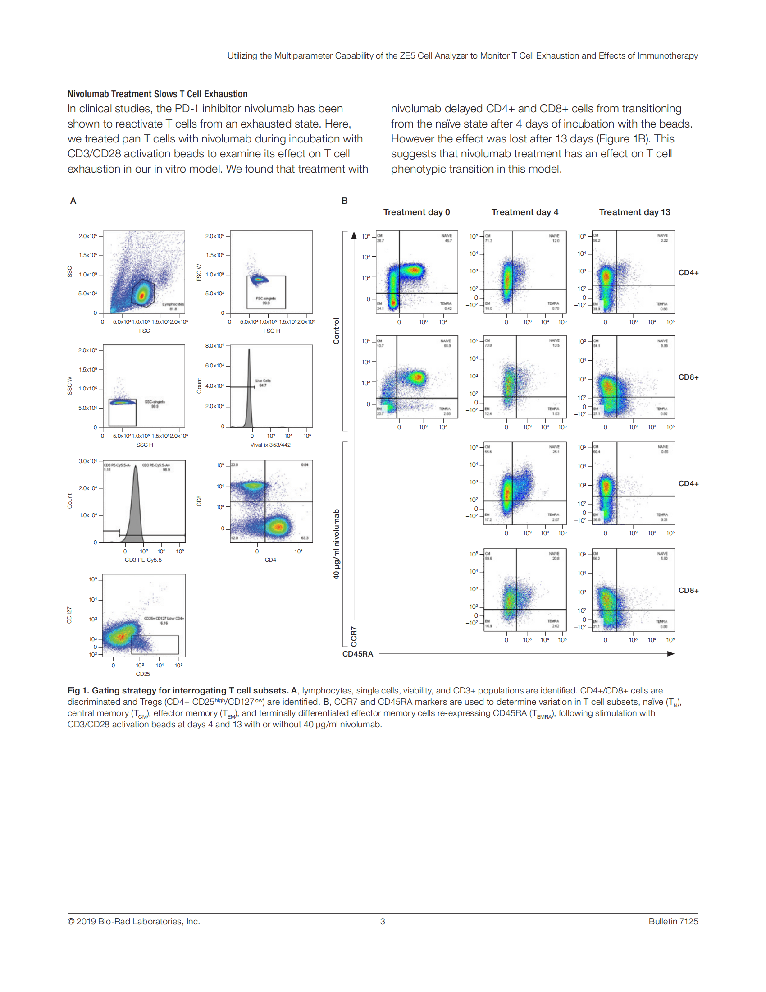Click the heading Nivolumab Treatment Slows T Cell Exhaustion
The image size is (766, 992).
pos(157,94)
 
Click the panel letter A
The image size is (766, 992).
pos(73,201)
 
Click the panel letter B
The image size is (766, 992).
pos(344,201)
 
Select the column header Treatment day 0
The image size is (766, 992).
pos(416,212)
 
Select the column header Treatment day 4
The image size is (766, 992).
pos(524,212)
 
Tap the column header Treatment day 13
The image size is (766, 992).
pos(634,212)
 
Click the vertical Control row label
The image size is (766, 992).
pos(336,331)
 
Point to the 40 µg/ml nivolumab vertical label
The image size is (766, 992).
pos(336,544)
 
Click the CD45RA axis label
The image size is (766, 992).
pos(358,654)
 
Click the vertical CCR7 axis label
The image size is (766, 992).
pos(354,636)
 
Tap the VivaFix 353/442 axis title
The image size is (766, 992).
pos(270,445)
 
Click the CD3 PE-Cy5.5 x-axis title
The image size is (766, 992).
pos(143,560)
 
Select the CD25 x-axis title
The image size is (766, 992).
pos(143,674)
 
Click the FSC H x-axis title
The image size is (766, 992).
pos(271,331)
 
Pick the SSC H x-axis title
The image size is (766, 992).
pos(144,445)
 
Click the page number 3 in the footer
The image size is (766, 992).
pos(383,921)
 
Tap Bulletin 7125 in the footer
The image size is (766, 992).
pos(673,921)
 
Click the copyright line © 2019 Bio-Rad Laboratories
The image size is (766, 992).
pos(133,921)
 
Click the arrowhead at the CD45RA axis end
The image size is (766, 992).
pos(671,654)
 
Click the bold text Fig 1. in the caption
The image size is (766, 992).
pos(78,690)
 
